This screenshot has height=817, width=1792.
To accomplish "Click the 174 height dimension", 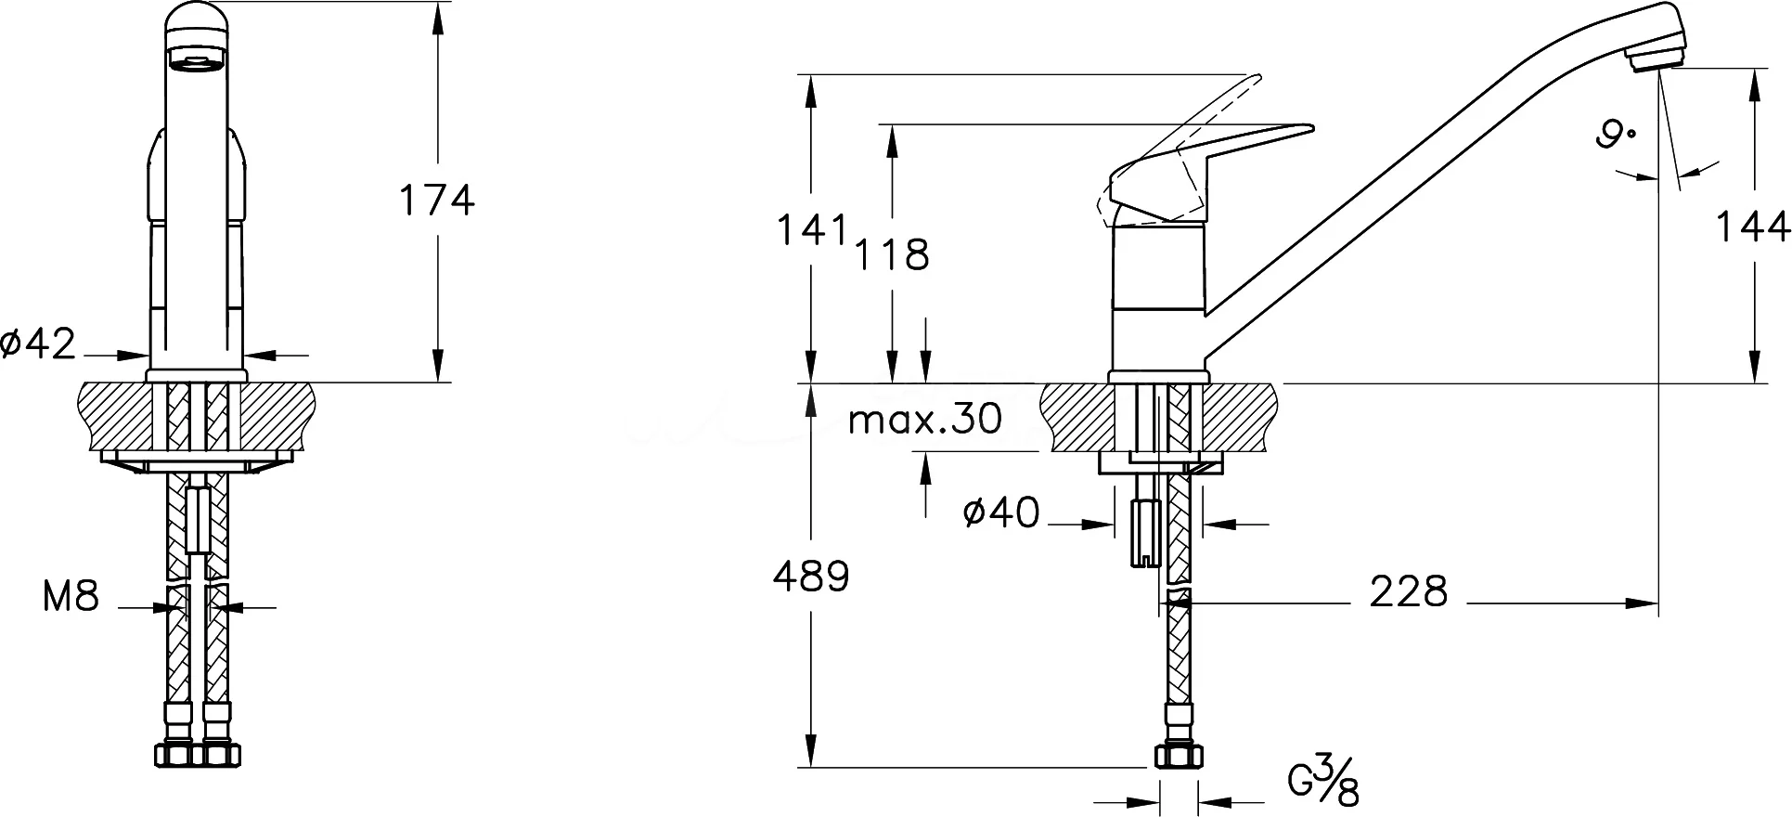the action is [436, 201].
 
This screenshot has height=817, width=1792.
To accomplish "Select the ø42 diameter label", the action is [38, 344].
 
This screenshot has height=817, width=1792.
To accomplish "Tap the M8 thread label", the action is [71, 596].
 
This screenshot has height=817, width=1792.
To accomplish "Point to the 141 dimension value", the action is [813, 230].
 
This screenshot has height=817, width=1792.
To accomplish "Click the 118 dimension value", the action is [892, 255].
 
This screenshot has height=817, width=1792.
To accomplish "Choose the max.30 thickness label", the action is [926, 420].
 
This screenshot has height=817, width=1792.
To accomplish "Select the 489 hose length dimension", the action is [811, 577].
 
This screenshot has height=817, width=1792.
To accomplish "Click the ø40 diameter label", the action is [1001, 512].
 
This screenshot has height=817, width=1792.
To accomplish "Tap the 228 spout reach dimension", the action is [1409, 591].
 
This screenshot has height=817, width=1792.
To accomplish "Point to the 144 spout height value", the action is [1751, 227].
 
